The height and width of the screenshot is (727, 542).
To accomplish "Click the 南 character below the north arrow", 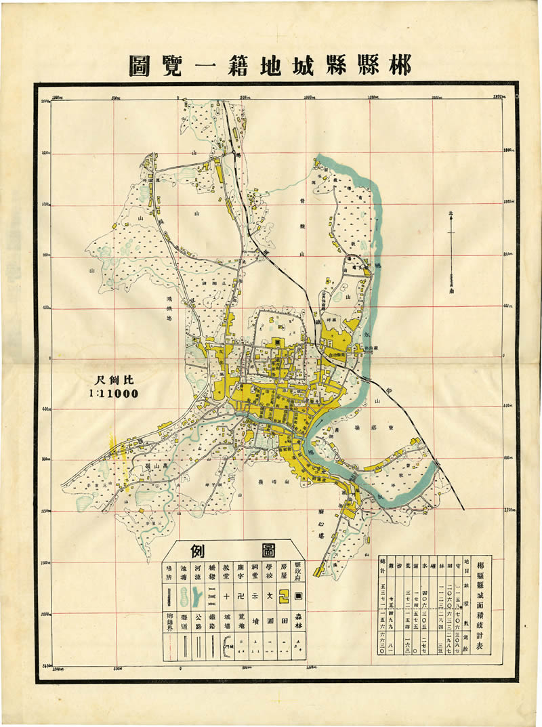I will [x=451, y=291].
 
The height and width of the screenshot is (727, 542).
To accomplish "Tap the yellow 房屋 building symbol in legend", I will [x=284, y=596].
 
